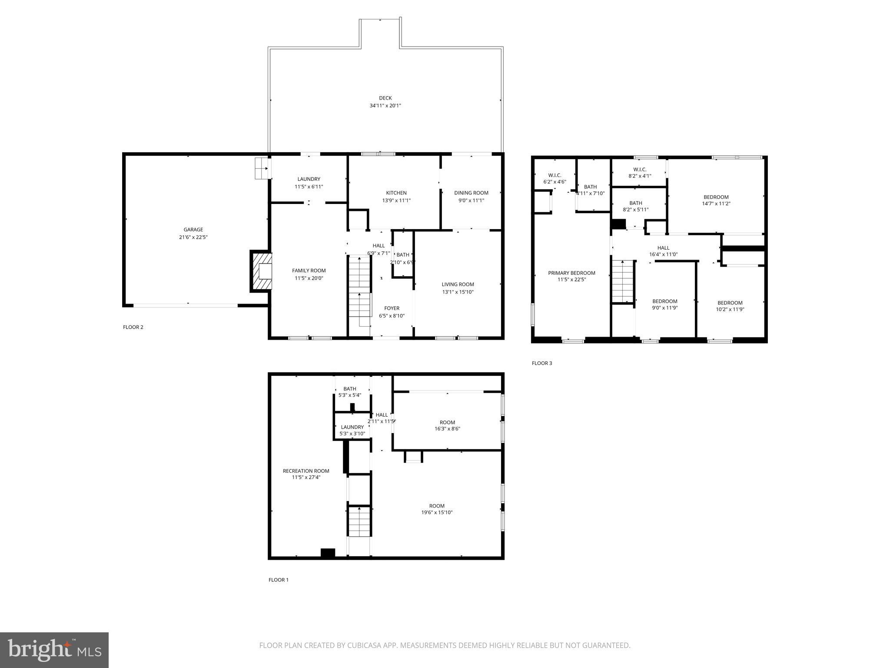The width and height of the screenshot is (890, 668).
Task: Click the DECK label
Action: (385, 98)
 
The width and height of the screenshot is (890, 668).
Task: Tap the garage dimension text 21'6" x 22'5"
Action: (193, 237)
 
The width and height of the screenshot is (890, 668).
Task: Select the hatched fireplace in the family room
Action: (261, 271)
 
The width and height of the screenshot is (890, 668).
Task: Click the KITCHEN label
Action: (396, 193)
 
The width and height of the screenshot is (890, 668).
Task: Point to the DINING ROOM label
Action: (471, 193)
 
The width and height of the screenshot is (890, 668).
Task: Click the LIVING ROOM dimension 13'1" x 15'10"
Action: (458, 292)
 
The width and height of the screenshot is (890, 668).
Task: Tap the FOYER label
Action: (392, 308)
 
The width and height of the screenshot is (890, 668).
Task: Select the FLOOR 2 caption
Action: (133, 327)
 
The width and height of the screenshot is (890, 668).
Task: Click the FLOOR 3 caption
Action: (542, 363)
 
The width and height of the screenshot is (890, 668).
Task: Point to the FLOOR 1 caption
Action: (279, 580)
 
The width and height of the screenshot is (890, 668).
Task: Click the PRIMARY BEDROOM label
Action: (571, 273)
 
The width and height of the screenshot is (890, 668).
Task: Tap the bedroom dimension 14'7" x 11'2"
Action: (716, 204)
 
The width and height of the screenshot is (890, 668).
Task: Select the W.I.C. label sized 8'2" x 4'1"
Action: (640, 170)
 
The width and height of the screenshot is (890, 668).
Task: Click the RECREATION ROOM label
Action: (306, 471)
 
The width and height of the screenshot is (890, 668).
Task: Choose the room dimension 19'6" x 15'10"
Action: (437, 513)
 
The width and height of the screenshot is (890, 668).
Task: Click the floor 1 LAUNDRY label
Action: (352, 427)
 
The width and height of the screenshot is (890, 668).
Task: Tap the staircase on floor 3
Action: (623, 281)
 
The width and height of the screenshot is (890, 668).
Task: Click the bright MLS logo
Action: (54, 650)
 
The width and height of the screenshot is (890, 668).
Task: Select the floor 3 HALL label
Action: (663, 248)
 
